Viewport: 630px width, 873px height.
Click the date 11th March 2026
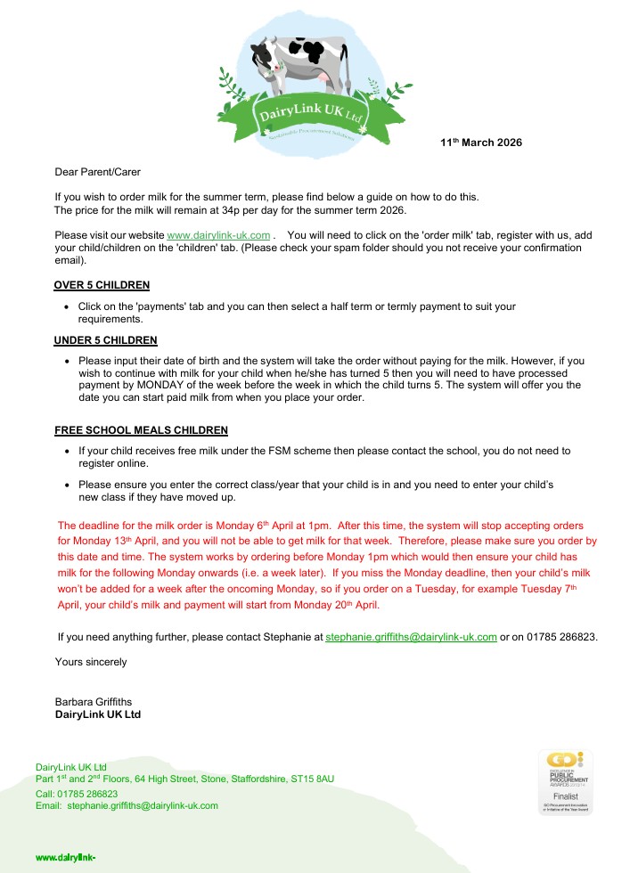coord(481,143)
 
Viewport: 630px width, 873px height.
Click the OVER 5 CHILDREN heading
coord(102,285)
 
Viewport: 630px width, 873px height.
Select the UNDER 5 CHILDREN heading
coord(105,340)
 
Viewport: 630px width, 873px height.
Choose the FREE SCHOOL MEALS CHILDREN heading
coord(141,430)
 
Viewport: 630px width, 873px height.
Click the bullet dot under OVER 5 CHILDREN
coord(68,307)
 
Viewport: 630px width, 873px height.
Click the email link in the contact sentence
coord(411,638)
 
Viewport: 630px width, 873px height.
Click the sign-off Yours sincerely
coord(91,662)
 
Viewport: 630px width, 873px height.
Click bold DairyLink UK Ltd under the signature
coord(98,714)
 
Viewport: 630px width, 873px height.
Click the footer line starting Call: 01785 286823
coord(77,793)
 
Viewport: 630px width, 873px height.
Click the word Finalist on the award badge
coord(566,795)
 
